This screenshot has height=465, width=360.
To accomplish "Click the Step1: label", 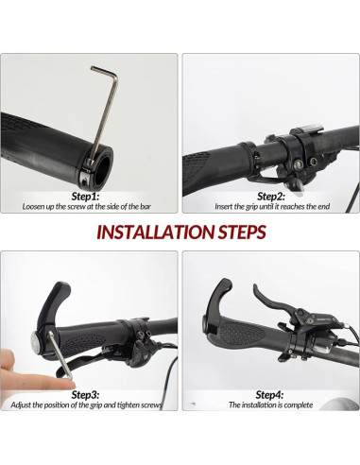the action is [x=85, y=197].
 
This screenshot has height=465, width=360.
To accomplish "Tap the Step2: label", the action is [x=271, y=197].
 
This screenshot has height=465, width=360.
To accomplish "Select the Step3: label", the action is [x=85, y=395].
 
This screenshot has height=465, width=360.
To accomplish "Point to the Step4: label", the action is [x=269, y=395].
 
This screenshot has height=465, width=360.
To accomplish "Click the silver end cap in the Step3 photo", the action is [x=35, y=341].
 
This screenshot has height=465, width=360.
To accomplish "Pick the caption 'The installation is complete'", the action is [x=271, y=405].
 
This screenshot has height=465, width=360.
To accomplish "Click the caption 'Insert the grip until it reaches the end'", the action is [x=272, y=207].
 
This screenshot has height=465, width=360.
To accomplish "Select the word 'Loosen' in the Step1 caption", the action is [x=34, y=207].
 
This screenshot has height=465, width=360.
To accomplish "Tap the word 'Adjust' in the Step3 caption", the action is [x=21, y=405].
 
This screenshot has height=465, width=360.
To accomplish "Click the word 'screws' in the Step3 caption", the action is [x=151, y=405].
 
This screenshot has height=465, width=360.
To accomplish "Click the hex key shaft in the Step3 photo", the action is [x=60, y=354].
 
